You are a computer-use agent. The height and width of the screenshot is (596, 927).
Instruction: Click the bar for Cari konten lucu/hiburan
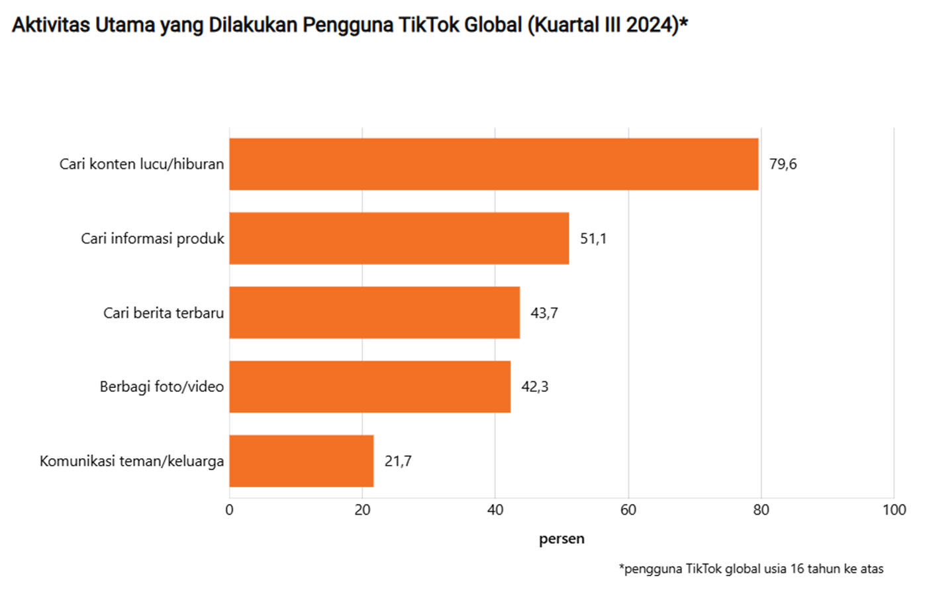[493, 164]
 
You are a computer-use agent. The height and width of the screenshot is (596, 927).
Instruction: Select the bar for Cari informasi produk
[399, 238]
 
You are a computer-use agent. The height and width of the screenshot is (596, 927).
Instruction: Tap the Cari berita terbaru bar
[374, 313]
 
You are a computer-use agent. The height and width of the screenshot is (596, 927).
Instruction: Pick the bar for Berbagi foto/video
[369, 387]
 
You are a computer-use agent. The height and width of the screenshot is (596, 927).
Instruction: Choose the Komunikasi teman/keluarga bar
[301, 461]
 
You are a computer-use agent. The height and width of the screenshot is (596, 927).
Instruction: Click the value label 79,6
[783, 164]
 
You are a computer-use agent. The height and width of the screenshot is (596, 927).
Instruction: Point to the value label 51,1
[593, 238]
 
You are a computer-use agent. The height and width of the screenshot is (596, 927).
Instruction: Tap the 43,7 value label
[544, 313]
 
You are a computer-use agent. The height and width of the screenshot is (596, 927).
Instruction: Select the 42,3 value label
[535, 387]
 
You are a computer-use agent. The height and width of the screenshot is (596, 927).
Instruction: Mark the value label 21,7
[398, 461]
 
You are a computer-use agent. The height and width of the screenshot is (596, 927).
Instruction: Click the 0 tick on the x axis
[229, 510]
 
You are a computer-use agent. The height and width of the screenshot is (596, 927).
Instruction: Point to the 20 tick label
[362, 510]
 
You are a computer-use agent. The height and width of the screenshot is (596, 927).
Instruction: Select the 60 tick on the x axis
[628, 510]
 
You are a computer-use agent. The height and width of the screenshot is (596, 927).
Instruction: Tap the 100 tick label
[894, 510]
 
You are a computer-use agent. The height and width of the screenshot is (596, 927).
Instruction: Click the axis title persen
[561, 539]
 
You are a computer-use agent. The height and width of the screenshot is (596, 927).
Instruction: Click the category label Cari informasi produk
[152, 238]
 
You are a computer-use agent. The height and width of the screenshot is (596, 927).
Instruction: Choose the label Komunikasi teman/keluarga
[132, 461]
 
